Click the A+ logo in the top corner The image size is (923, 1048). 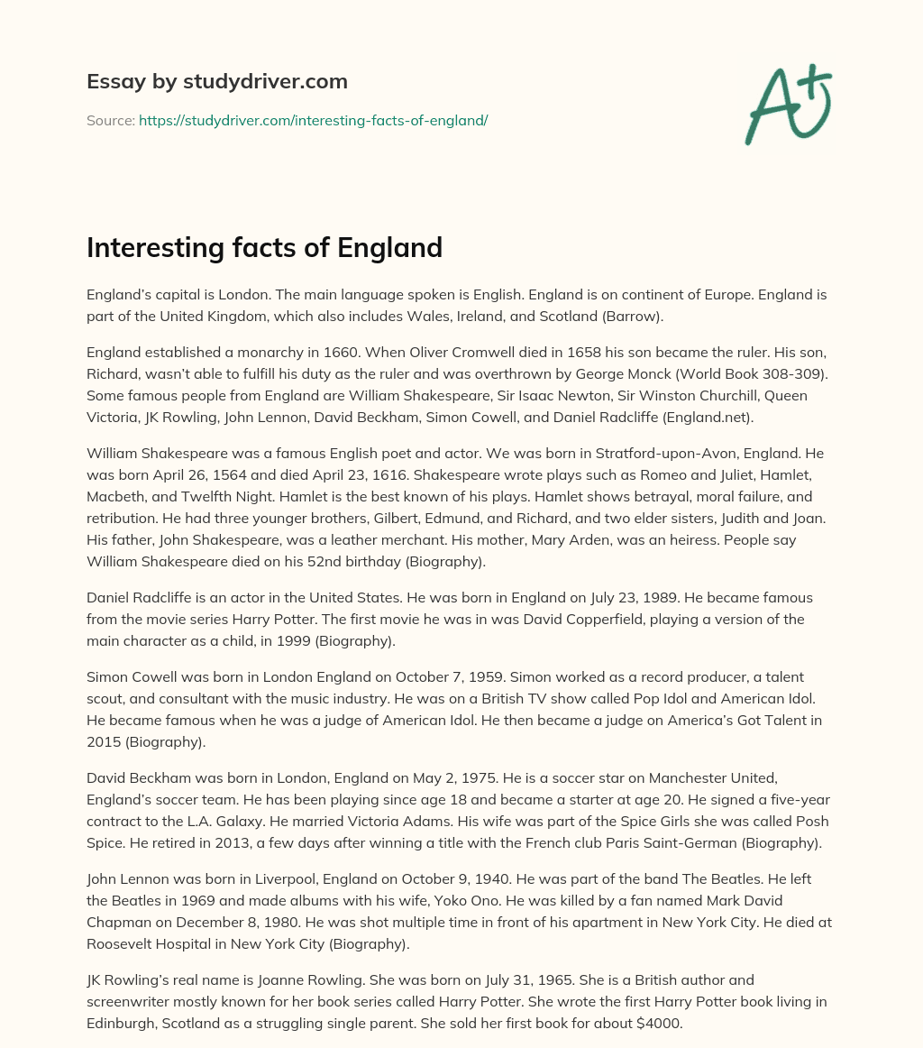pos(788,104)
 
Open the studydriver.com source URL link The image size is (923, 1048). pos(313,120)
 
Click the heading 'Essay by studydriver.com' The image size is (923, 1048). pos(216,81)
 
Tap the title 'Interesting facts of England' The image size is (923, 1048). pos(264,247)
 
